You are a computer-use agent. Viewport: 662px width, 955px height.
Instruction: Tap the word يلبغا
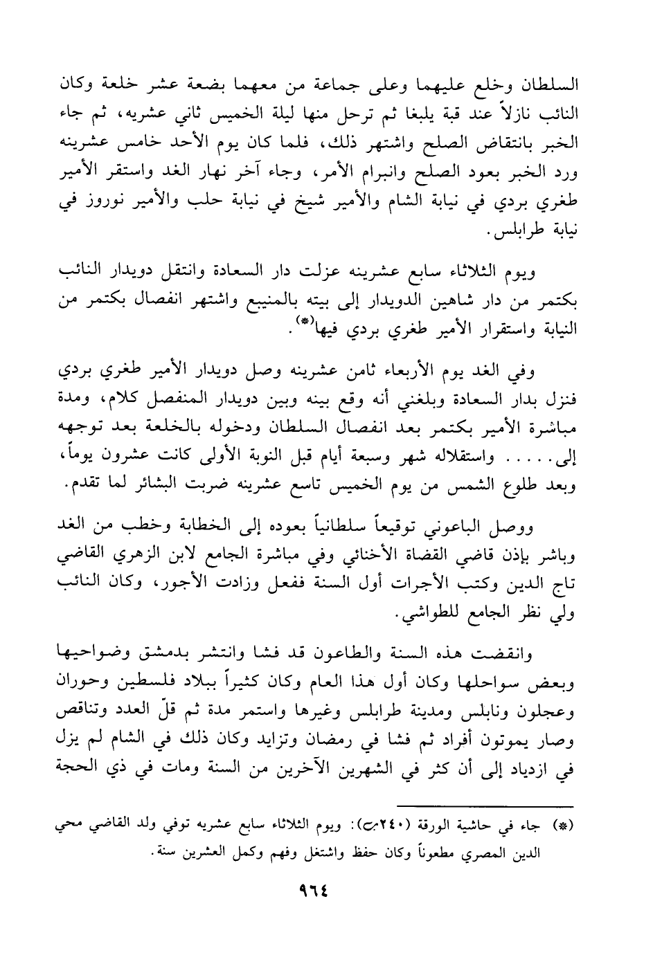[x=397, y=112]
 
